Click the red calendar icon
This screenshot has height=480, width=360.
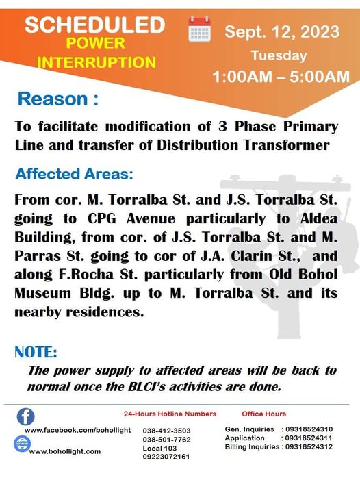click(199, 29)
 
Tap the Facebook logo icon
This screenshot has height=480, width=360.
click(26, 416)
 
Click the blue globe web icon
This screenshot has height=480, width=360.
click(23, 444)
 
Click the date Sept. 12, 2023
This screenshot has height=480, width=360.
click(282, 31)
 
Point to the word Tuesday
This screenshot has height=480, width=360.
click(279, 55)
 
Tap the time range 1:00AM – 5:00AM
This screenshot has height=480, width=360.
click(281, 77)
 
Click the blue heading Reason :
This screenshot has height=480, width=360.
click(58, 99)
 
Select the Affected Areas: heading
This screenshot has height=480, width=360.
click(75, 174)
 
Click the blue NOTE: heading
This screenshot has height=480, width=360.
click(36, 352)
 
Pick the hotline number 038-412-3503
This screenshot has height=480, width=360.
click(167, 431)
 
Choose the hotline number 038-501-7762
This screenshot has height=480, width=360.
click(167, 440)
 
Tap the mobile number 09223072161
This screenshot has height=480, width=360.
click(166, 457)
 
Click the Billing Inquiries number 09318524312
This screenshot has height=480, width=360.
click(309, 446)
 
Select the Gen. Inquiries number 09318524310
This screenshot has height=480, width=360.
click(309, 429)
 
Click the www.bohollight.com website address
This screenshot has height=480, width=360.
click(65, 451)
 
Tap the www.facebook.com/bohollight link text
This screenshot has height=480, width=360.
click(78, 430)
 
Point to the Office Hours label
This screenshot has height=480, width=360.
click(263, 414)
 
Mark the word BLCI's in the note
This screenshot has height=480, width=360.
click(147, 387)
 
